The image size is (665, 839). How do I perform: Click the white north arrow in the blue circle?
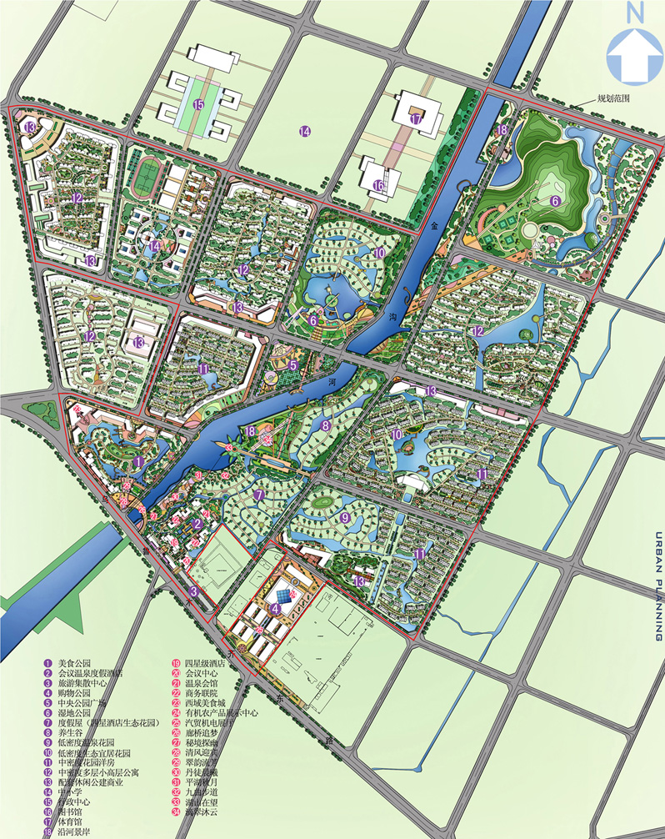coord(634,57)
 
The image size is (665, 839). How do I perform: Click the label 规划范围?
coord(612,98)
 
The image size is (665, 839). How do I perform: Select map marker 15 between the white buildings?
coord(197,105)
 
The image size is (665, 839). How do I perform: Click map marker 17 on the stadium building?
coord(417,119)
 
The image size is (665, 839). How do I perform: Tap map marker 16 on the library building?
coord(379,185)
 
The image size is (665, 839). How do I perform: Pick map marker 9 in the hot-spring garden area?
coord(344,518)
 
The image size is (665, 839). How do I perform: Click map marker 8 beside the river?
coord(327,425)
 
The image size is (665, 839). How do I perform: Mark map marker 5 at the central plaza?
coord(292,364)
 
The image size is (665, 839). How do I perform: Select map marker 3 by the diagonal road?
coord(192,591)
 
